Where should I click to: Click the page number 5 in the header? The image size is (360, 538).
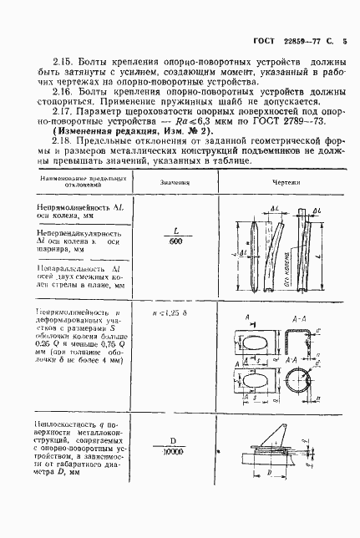[345, 39]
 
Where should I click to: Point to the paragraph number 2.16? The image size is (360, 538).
[39, 94]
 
